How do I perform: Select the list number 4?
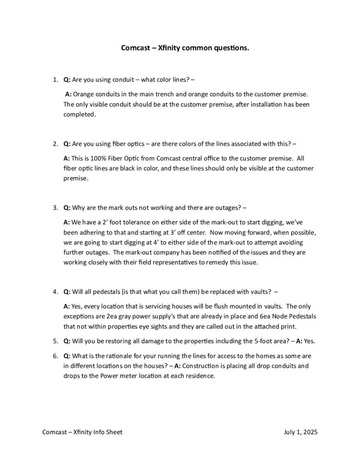[x=55, y=292]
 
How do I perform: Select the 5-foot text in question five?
[x=251, y=341]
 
